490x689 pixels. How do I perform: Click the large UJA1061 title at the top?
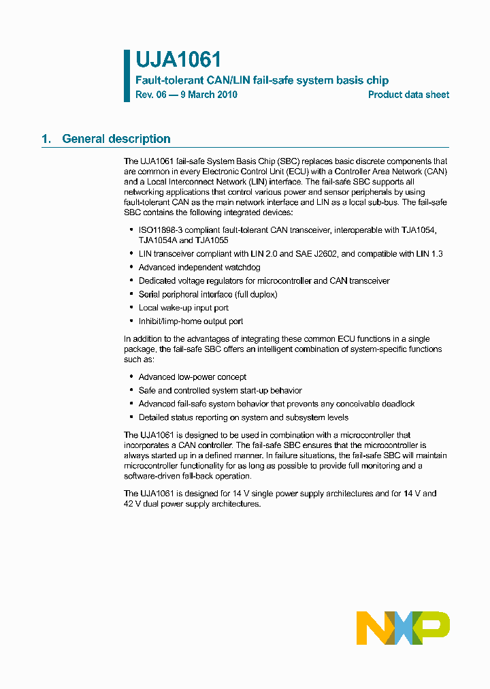click(178, 61)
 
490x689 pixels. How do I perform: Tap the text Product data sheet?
click(408, 95)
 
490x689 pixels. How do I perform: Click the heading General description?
click(116, 139)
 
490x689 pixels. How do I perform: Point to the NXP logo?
click(403, 628)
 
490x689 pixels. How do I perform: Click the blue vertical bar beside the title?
click(127, 76)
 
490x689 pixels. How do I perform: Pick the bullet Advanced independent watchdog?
click(199, 268)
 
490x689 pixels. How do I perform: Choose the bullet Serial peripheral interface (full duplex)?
click(208, 294)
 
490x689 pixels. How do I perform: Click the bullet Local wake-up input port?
click(183, 308)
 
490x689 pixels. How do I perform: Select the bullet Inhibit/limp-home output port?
click(191, 321)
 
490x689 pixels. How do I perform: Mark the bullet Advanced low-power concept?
click(192, 377)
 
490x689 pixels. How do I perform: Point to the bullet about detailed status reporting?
click(243, 417)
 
